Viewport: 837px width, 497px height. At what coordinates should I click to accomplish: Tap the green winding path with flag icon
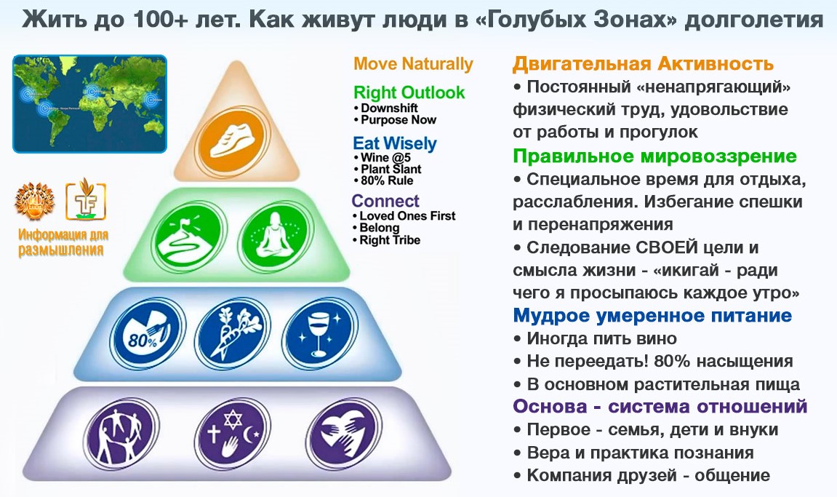(x=188, y=236)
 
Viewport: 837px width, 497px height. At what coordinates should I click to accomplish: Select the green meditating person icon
(x=275, y=236)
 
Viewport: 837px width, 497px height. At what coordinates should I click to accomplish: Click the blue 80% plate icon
(x=148, y=335)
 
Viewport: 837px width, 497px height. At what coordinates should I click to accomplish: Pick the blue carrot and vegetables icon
(x=233, y=333)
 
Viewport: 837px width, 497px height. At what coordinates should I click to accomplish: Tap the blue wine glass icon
(x=320, y=333)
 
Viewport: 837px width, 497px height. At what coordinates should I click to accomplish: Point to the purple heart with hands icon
(x=344, y=434)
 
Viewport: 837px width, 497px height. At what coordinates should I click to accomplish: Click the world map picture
(x=89, y=103)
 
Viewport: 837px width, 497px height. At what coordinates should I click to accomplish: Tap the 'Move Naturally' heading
(x=413, y=64)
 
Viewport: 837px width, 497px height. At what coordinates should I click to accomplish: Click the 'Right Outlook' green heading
(x=409, y=92)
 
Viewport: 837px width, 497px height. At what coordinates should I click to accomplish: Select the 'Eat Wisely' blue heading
(x=394, y=143)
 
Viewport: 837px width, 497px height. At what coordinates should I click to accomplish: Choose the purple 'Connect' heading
(x=385, y=201)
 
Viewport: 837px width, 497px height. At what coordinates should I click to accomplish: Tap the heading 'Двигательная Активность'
(x=644, y=63)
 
